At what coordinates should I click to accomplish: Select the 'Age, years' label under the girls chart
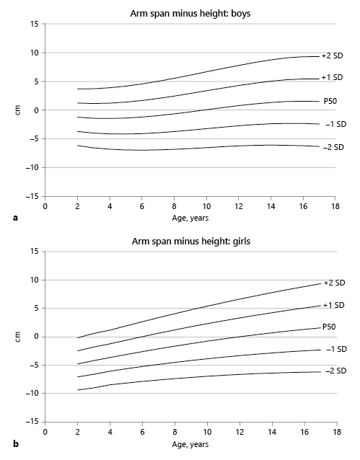tap(190, 443)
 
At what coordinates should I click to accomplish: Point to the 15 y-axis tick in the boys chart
tap(33, 24)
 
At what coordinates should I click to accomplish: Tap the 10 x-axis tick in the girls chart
tap(207, 432)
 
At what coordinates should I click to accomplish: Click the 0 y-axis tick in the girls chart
tap(35, 337)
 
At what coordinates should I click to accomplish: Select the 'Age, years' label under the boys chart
tap(190, 216)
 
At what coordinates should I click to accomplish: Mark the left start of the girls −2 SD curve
tap(77, 390)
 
